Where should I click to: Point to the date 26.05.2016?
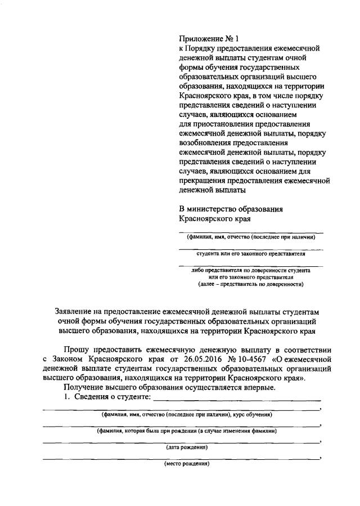point(189,358)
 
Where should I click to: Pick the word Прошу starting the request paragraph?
point(79,348)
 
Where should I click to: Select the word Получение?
point(83,388)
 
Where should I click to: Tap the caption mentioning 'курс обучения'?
point(186,415)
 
